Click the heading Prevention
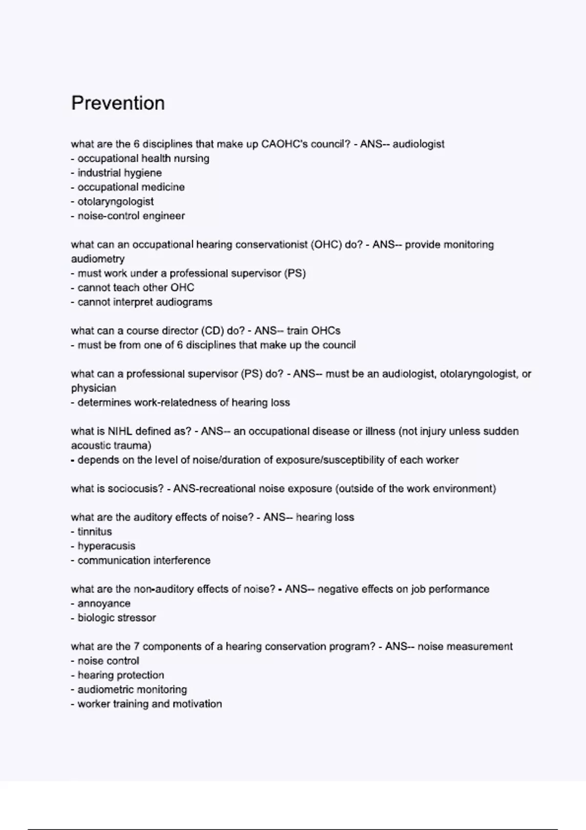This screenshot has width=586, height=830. (118, 104)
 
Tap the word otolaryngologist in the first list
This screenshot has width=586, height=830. (115, 202)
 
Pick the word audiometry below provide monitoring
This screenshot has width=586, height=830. (98, 259)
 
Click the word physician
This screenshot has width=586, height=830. (94, 388)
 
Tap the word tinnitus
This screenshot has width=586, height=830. (95, 532)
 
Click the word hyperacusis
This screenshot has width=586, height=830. (106, 546)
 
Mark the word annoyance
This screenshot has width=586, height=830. (104, 603)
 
